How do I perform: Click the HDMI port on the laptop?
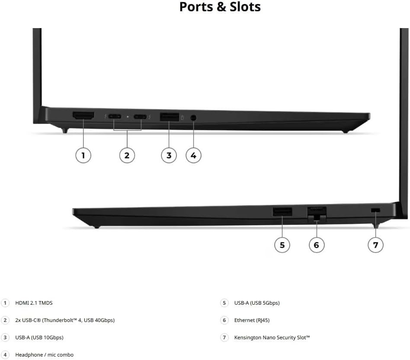coord(83,116)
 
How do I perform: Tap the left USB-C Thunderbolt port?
coord(114,116)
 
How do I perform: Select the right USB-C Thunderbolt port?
coord(140,117)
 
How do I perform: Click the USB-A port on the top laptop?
coord(170,117)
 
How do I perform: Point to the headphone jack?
coord(193,118)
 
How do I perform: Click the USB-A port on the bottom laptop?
coord(282,211)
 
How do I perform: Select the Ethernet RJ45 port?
coord(317,213)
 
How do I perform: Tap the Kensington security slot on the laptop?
coord(375,210)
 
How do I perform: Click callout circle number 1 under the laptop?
coord(83,156)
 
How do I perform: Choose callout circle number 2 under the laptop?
coord(127,156)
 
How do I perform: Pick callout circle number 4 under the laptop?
coord(193,156)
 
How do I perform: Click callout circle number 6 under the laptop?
coord(317,245)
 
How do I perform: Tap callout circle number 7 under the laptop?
coord(375,245)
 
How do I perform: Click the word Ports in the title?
coord(196,7)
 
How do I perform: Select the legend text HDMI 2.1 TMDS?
coord(34,303)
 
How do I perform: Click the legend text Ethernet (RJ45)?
coord(252,320)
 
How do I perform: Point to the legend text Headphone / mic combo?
coord(45,355)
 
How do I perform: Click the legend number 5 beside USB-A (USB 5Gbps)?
coord(224,303)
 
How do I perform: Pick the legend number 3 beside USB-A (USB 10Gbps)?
coord(5,337)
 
